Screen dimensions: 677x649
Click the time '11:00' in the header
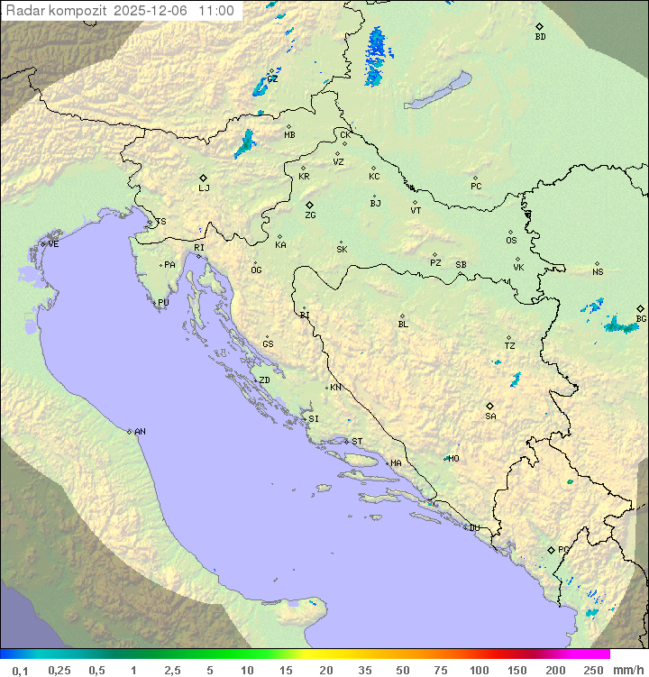pyautogui.click(x=216, y=11)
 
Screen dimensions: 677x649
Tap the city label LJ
pyautogui.click(x=204, y=188)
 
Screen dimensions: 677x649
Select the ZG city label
pyautogui.click(x=310, y=215)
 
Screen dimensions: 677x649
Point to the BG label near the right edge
pyautogui.click(x=641, y=318)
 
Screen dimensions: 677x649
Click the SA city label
pyautogui.click(x=490, y=416)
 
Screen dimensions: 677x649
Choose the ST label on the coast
pyautogui.click(x=357, y=442)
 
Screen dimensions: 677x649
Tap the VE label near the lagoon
pyautogui.click(x=53, y=244)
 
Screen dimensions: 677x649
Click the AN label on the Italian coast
pyautogui.click(x=140, y=432)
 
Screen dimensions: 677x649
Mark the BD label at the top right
pyautogui.click(x=540, y=37)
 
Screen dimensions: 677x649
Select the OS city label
pyautogui.click(x=511, y=241)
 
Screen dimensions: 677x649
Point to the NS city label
pyautogui.click(x=598, y=272)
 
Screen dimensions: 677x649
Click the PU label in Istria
pyautogui.click(x=163, y=303)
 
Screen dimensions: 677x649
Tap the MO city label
pyautogui.click(x=453, y=458)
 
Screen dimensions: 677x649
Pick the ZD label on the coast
pyautogui.click(x=264, y=380)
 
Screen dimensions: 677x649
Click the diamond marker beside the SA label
pyautogui.click(x=490, y=406)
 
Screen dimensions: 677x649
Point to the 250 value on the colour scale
pyautogui.click(x=593, y=670)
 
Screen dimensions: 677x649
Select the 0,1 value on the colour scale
pyautogui.click(x=20, y=670)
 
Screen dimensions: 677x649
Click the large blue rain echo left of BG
pyautogui.click(x=621, y=325)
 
